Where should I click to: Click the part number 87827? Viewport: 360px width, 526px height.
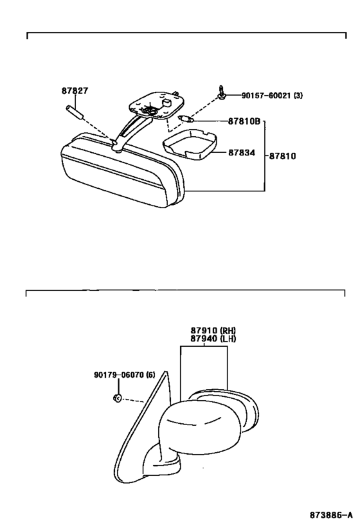click(x=75, y=91)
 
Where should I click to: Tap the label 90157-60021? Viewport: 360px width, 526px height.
click(x=266, y=96)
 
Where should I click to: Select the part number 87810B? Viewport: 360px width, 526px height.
click(x=244, y=121)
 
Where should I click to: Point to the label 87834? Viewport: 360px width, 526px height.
click(x=242, y=153)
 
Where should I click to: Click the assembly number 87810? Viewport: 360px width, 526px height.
click(x=282, y=156)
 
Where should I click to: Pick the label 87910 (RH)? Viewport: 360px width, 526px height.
click(x=213, y=330)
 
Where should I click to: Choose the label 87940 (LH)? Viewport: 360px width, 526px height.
click(x=213, y=338)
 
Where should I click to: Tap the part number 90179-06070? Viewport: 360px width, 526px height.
click(x=119, y=374)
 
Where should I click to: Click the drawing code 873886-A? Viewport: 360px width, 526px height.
click(x=331, y=514)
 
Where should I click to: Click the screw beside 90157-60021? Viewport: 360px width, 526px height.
click(x=222, y=92)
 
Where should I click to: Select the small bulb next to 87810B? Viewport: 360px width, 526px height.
click(x=186, y=119)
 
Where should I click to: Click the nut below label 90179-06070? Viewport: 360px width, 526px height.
click(x=117, y=398)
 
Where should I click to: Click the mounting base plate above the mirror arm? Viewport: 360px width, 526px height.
click(x=156, y=105)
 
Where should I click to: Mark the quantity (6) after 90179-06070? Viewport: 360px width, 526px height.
click(x=151, y=374)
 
